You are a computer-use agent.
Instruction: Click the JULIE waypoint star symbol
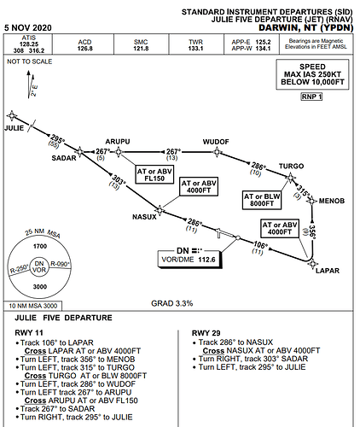coord(12,115)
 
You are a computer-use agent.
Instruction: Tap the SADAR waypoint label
coord(64,158)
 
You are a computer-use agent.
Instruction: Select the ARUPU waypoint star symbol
coord(119,152)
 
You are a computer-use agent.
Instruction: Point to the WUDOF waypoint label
coord(216,142)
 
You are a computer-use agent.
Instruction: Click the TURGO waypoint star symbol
coord(290,178)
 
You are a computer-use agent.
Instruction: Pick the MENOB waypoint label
coord(332,201)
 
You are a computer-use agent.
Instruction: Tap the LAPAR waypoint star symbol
coord(312,264)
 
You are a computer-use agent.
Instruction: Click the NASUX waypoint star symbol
coord(160,210)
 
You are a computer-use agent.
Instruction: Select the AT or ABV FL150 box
coord(154,175)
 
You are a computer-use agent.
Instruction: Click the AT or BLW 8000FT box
coord(262,200)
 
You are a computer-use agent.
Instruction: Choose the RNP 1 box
coord(311,97)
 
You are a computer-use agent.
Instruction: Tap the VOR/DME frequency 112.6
coord(206,260)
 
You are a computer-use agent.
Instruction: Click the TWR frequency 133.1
coord(195,49)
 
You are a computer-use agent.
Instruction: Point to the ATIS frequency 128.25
coord(29,44)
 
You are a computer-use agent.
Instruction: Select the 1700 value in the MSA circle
coord(40,246)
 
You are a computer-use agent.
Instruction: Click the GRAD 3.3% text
coord(172,303)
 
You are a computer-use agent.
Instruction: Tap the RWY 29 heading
coord(206,333)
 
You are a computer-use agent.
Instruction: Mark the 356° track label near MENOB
coord(312,232)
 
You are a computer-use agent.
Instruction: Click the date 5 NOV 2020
coord(28,28)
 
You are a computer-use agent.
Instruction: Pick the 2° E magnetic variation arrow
coord(31,85)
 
